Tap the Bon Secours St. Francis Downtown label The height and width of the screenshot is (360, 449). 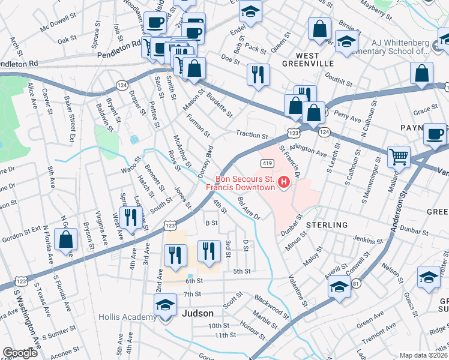[x=245, y=182]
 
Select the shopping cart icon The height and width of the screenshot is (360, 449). [x=399, y=157]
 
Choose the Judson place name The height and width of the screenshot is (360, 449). [x=197, y=313]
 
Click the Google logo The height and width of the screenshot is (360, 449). [x=20, y=353]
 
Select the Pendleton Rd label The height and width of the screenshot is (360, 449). [x=18, y=62]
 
